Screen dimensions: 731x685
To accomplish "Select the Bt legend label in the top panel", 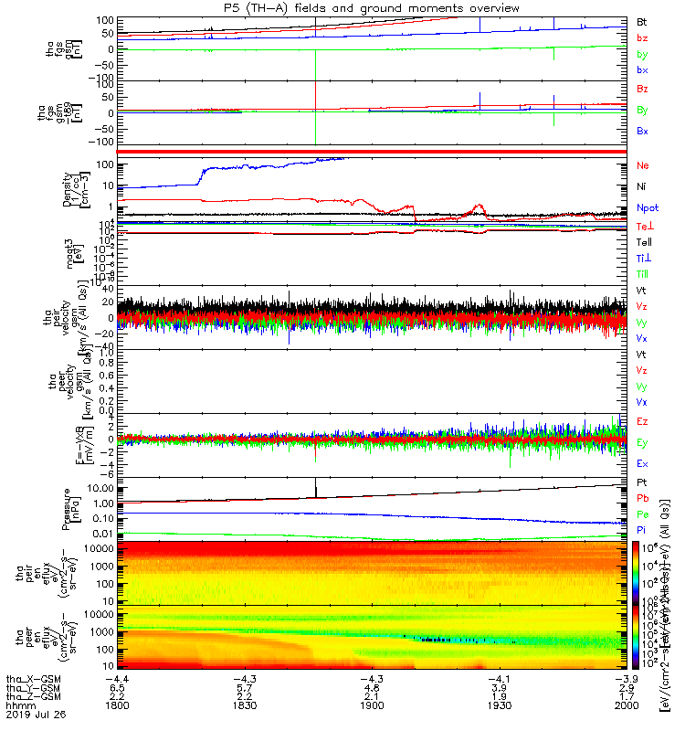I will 642,21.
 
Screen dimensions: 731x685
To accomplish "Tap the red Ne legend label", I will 643,166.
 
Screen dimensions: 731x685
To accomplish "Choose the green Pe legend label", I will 642,514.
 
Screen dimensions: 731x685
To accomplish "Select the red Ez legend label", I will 642,421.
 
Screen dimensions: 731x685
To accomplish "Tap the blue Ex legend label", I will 642,463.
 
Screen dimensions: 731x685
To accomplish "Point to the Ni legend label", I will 642,187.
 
